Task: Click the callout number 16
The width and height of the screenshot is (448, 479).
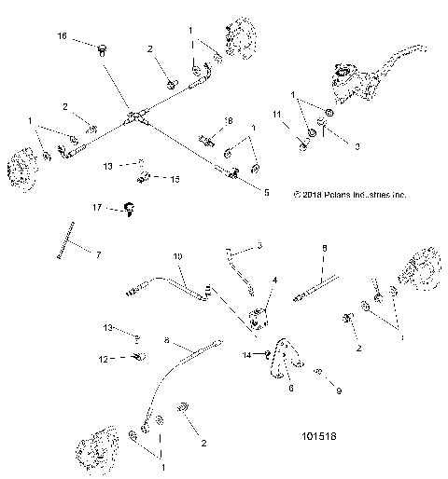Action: click(63, 36)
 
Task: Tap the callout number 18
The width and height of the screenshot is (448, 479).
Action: click(228, 121)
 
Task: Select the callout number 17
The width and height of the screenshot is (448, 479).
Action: click(96, 206)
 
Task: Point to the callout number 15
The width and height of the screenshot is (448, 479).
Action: click(175, 177)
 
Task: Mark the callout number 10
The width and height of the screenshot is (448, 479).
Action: click(177, 255)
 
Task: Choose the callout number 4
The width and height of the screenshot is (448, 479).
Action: click(274, 280)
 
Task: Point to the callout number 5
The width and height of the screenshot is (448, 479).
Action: click(267, 193)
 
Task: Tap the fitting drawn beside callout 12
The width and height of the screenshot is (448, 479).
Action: click(137, 356)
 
